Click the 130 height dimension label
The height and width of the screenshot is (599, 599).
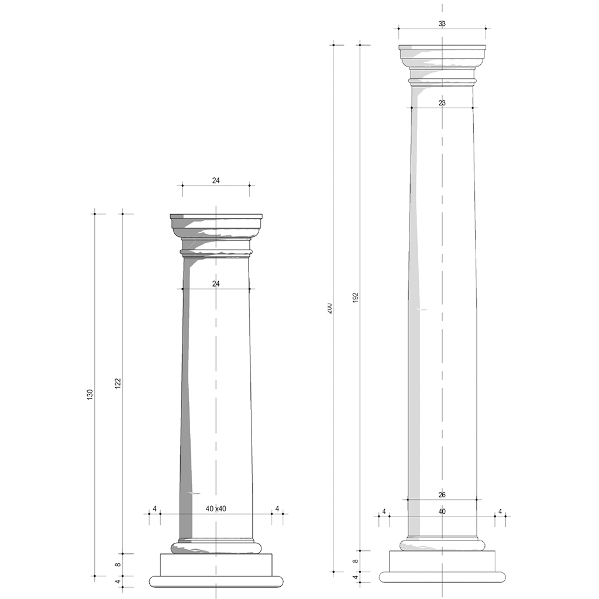(x=90, y=394)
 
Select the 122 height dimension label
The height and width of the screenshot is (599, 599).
(x=118, y=384)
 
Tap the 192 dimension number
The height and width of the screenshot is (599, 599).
(x=355, y=298)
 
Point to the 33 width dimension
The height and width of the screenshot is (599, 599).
(x=442, y=24)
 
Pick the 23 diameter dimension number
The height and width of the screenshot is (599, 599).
(x=442, y=103)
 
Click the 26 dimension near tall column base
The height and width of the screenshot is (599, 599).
(x=442, y=495)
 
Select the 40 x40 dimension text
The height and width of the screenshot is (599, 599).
(x=216, y=509)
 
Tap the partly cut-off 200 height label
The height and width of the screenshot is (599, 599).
(x=329, y=308)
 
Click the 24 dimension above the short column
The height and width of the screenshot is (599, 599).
(x=216, y=181)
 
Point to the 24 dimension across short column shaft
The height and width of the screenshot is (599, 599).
(x=216, y=284)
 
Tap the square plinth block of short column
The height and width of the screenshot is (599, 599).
(x=216, y=564)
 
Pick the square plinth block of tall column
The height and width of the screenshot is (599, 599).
(x=442, y=562)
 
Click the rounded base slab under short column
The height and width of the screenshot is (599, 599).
(x=216, y=581)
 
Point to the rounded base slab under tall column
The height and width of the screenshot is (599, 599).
(x=442, y=577)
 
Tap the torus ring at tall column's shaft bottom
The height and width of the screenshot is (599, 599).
(x=442, y=545)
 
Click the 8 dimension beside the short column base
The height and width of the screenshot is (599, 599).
(x=118, y=565)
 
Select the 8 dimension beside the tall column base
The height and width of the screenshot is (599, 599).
(x=355, y=562)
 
